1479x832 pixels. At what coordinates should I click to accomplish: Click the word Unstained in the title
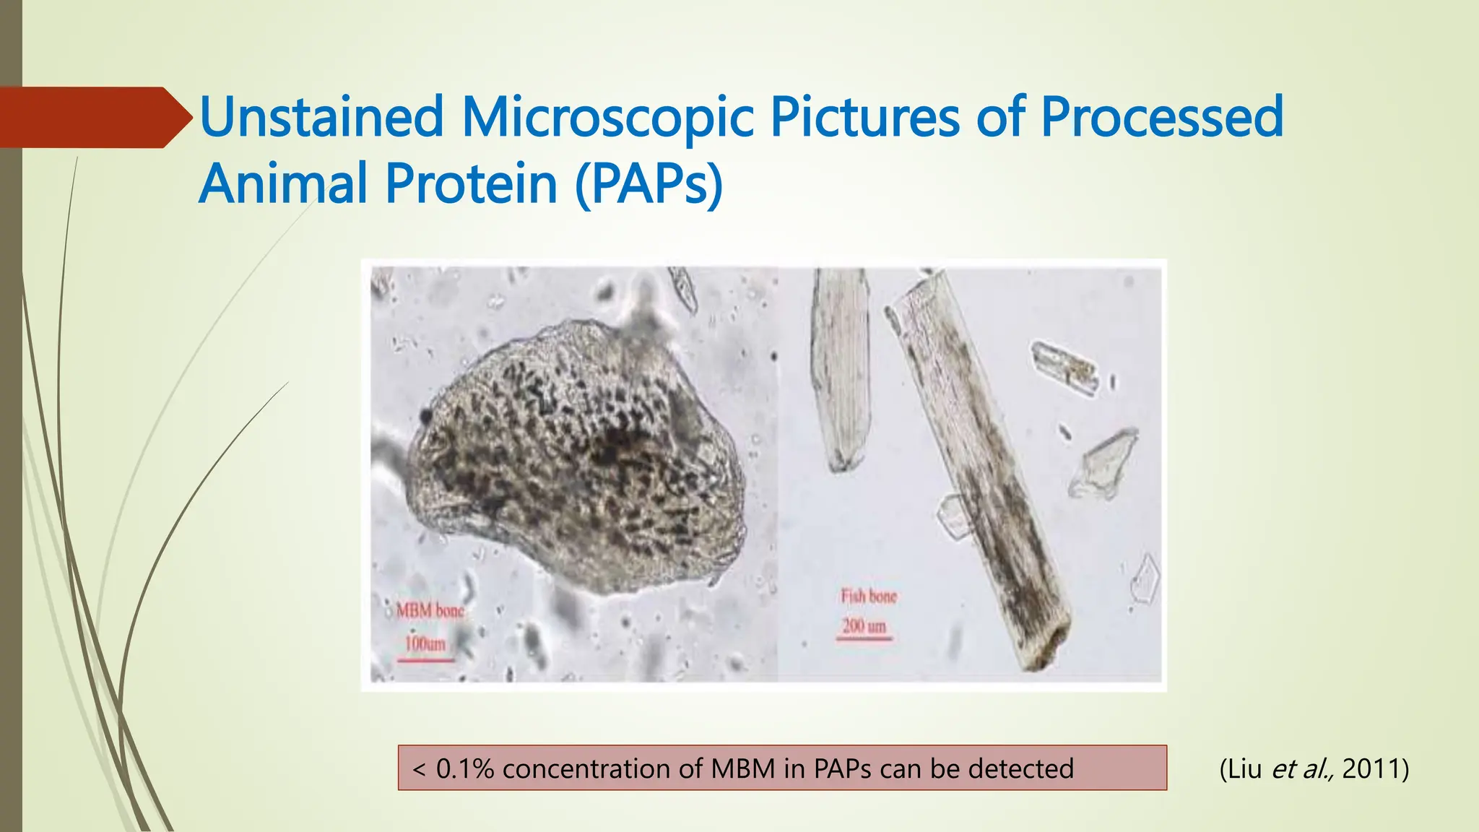321,117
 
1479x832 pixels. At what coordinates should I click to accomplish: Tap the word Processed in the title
1161,117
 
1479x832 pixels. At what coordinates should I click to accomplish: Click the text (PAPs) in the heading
649,183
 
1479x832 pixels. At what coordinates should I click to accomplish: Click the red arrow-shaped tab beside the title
94,117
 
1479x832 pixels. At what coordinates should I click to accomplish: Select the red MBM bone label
430,611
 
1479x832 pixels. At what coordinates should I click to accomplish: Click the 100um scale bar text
425,643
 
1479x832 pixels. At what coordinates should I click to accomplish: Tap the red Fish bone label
868,597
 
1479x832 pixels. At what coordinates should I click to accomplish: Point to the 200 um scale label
864,625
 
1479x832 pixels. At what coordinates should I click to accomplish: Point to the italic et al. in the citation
1302,768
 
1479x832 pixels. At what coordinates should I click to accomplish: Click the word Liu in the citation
1244,768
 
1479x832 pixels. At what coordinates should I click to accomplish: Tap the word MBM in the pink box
742,768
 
